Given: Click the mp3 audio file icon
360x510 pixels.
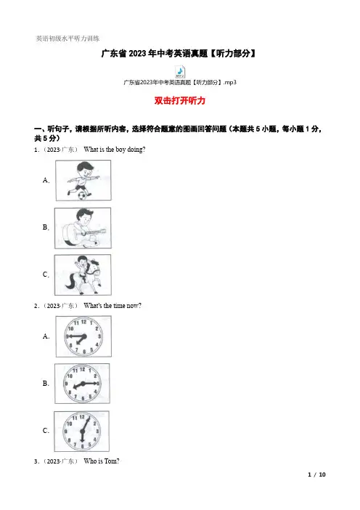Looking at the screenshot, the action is pyautogui.click(x=180, y=71).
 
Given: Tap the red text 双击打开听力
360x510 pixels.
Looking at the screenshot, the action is pyautogui.click(x=180, y=100).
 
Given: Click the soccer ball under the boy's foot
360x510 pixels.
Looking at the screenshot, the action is pyautogui.click(x=83, y=195).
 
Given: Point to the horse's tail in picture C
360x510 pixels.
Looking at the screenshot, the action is pyautogui.click(x=71, y=281).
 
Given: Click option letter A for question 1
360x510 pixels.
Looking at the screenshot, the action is pyautogui.click(x=46, y=180).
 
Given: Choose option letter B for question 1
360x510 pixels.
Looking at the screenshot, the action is pyautogui.click(x=46, y=227).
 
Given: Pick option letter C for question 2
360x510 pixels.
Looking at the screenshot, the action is pyautogui.click(x=46, y=430).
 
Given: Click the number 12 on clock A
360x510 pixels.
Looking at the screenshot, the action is pyautogui.click(x=83, y=322).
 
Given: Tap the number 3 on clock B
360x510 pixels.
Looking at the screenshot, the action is pyautogui.click(x=98, y=384).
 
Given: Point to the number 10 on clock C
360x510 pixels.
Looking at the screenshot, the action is pyautogui.click(x=69, y=424).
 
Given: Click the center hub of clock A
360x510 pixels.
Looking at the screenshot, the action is pyautogui.click(x=83, y=336).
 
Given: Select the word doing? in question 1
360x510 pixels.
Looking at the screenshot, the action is pyautogui.click(x=136, y=150).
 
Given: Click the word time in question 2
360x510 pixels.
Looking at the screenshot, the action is pyautogui.click(x=119, y=306).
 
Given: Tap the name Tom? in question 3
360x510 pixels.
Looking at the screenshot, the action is pyautogui.click(x=112, y=461).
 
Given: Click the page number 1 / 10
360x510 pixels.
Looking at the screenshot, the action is pyautogui.click(x=316, y=474).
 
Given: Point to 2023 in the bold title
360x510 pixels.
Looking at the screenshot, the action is pyautogui.click(x=138, y=53).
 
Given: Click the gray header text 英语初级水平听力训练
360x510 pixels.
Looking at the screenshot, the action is pyautogui.click(x=67, y=39).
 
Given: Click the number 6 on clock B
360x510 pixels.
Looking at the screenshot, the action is pyautogui.click(x=83, y=398).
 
